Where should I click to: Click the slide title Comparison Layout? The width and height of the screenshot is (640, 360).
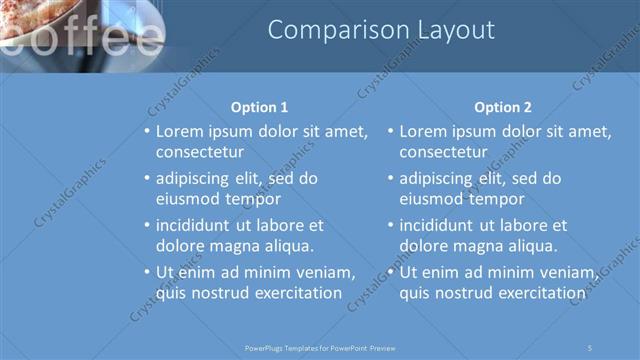coord(381,31)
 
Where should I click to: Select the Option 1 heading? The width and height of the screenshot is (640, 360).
coord(260,107)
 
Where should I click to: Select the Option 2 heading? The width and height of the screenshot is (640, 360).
coord(503,107)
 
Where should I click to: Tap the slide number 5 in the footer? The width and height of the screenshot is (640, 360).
coord(591,347)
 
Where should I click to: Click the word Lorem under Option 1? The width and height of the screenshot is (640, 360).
coord(181,131)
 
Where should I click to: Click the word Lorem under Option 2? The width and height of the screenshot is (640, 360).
coord(424,131)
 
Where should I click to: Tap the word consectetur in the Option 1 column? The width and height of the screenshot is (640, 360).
coord(200,152)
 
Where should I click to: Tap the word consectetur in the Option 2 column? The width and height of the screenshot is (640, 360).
coord(443,152)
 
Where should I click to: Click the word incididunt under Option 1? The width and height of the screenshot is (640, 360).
coord(194,225)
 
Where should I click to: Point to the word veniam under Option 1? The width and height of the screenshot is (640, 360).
coord(323,272)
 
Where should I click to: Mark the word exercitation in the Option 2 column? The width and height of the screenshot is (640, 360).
coord(535,293)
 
